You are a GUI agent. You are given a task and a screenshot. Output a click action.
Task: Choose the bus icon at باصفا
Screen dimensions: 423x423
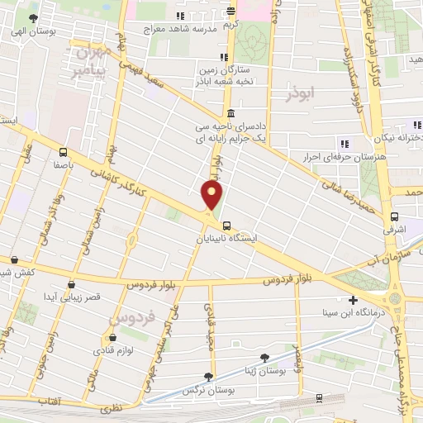(64, 150)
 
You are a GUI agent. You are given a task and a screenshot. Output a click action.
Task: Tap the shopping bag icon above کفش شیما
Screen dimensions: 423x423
(15, 260)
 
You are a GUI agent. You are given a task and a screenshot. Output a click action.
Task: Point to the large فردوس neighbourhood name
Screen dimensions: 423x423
(125, 316)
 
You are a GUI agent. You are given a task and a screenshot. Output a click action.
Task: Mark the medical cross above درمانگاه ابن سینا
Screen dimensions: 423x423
(354, 300)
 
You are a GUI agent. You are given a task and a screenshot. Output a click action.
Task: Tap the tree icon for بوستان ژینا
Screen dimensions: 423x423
(264, 356)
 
